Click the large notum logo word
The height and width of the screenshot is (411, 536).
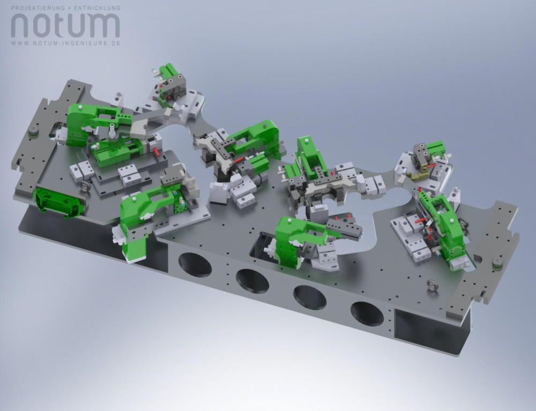[65, 25]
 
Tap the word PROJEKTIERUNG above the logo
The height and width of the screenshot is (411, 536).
[38, 8]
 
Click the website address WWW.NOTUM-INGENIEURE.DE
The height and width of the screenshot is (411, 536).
[65, 43]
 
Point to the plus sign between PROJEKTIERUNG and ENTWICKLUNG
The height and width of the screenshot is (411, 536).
[69, 8]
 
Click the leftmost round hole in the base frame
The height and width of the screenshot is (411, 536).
[195, 264]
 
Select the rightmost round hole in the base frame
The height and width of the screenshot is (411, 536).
[367, 313]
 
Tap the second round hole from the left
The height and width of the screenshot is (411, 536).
[252, 281]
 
